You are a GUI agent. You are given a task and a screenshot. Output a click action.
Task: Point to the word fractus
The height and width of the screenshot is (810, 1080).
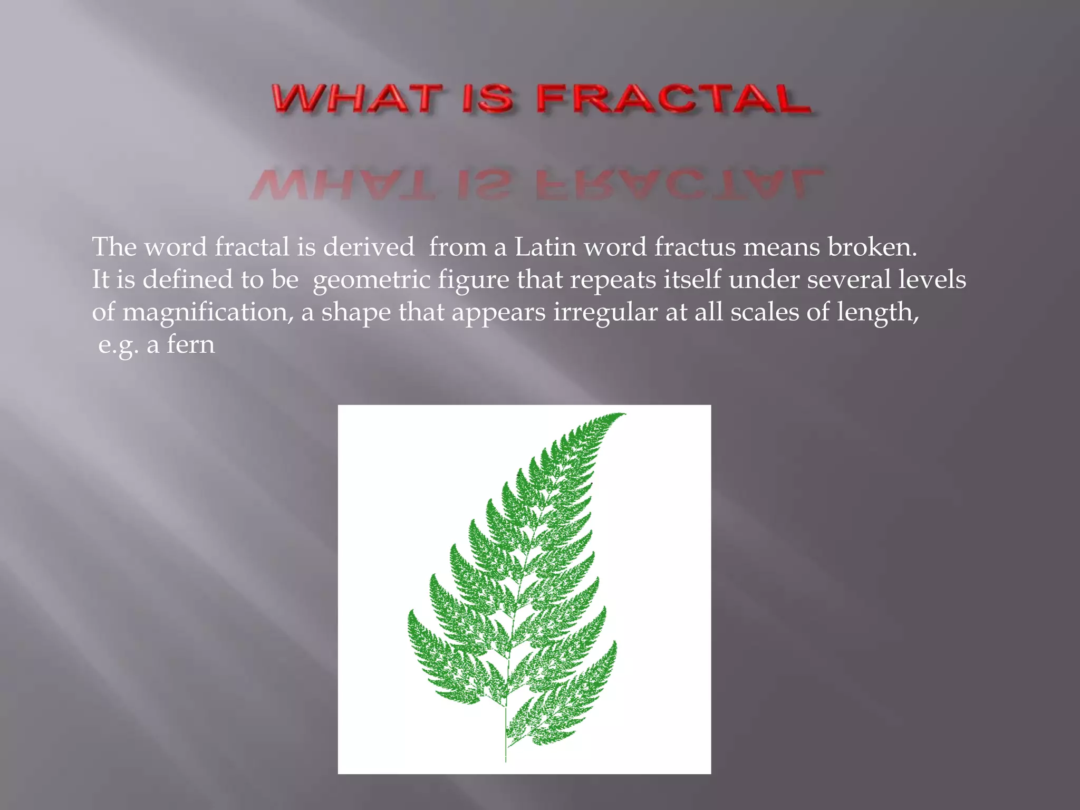click(x=695, y=247)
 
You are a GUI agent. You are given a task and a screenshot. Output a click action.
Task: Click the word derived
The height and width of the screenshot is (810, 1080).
click(x=369, y=247)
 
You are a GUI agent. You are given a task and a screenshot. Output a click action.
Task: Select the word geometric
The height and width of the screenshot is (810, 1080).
click(x=371, y=280)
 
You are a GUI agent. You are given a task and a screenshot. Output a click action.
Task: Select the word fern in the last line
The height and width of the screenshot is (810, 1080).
click(x=191, y=344)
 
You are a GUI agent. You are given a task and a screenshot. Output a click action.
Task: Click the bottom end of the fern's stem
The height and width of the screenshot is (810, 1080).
click(x=506, y=759)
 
